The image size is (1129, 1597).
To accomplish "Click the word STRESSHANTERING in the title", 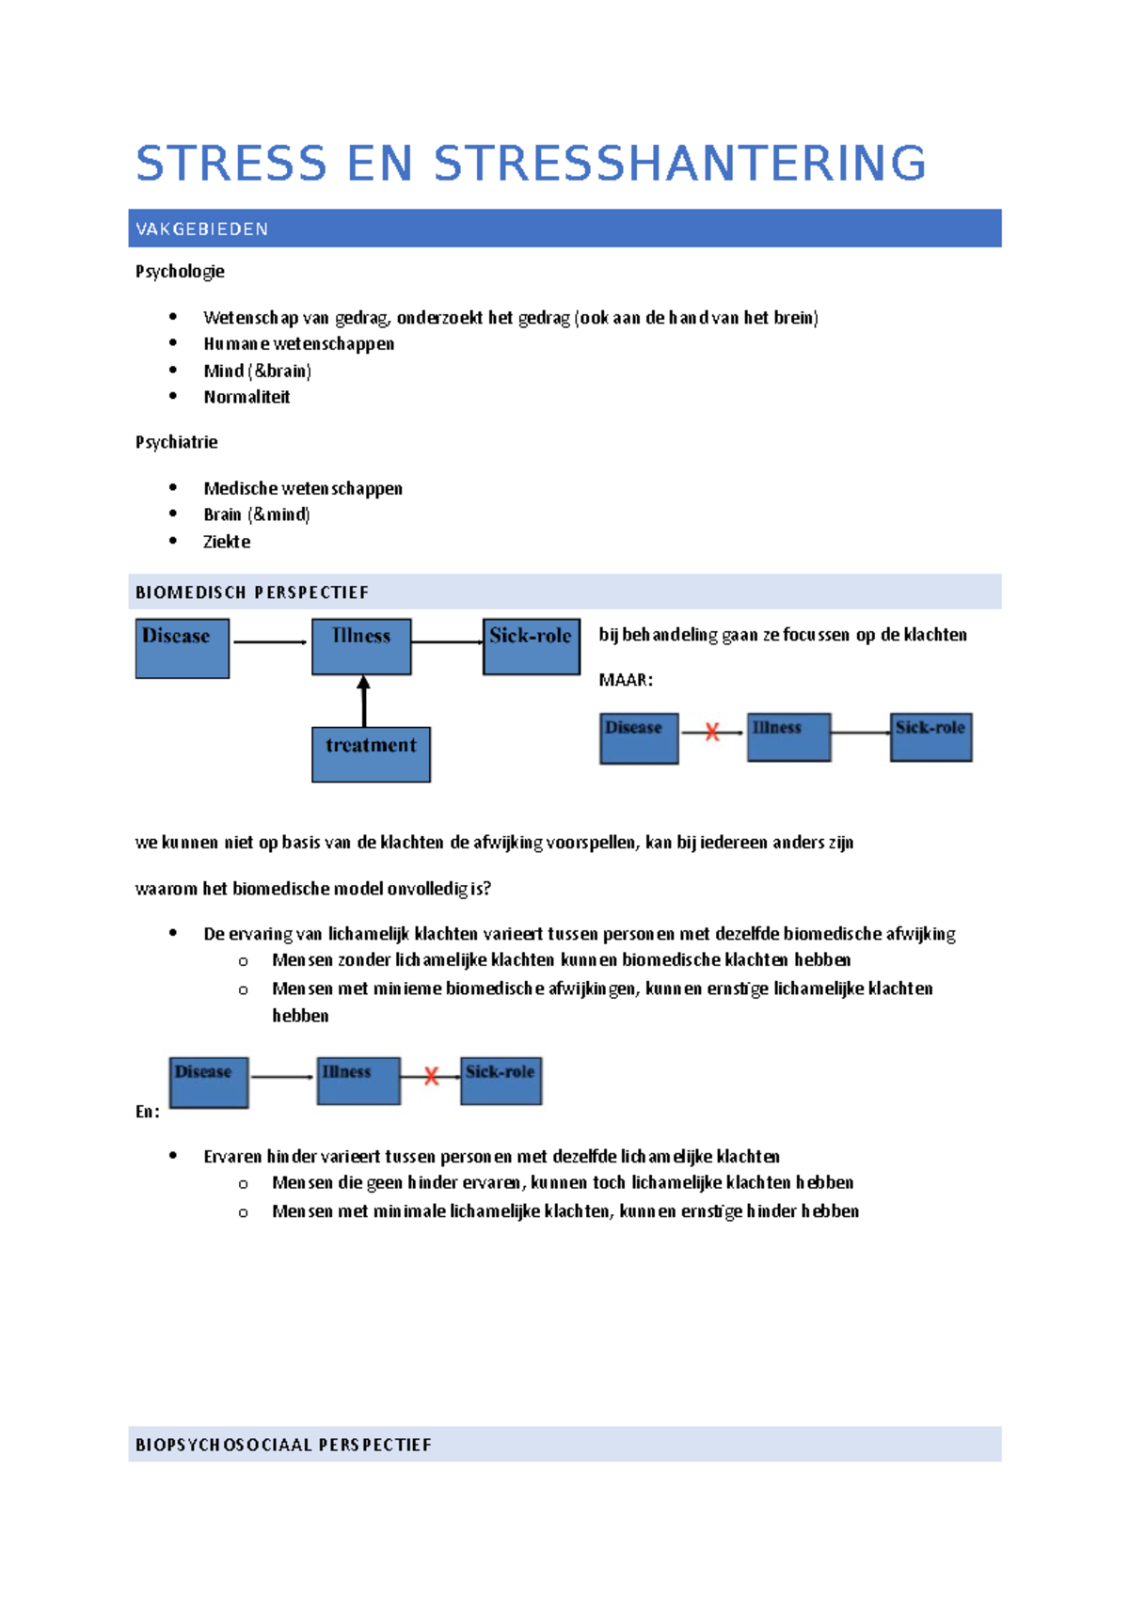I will [x=679, y=164].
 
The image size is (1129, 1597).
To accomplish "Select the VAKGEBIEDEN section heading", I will [x=202, y=229].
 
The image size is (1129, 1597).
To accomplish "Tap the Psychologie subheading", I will [x=180, y=272].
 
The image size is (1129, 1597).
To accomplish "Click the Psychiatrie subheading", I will [x=176, y=442].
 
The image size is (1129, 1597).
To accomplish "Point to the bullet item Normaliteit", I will [x=246, y=397].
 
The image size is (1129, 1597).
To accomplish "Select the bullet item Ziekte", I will [x=227, y=542].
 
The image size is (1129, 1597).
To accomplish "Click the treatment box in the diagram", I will [x=371, y=754].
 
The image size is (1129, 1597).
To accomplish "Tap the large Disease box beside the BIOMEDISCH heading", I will [x=183, y=648].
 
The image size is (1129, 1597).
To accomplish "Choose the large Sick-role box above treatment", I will [x=531, y=646].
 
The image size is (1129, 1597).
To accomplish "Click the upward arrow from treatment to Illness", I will [x=363, y=701].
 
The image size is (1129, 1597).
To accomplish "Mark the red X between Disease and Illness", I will [x=712, y=732].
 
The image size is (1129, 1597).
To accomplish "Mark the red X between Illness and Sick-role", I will [x=431, y=1076].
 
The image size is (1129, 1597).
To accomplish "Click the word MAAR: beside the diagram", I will [x=626, y=680].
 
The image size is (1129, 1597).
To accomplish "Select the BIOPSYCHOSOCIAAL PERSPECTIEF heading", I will [x=283, y=1445].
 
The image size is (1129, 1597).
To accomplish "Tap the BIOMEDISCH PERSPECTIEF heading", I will [x=252, y=593].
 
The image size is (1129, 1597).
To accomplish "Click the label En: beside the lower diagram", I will [x=148, y=1112].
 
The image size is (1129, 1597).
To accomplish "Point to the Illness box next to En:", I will [x=358, y=1081].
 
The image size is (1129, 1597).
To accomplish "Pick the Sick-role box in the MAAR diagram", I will [x=930, y=736].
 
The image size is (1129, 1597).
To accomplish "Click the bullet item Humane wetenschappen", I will [x=298, y=344].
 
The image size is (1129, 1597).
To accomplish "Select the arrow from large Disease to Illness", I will [x=270, y=642].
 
